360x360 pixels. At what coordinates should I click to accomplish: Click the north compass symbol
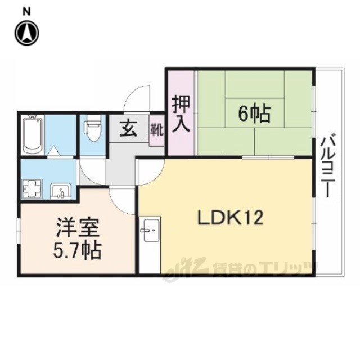coord(27,33)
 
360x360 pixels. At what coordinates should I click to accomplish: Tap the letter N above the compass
coord(26,11)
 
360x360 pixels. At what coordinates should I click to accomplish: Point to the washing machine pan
coord(32,188)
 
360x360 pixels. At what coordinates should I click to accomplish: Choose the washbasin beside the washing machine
coord(61,191)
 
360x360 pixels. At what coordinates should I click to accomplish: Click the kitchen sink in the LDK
coord(151,230)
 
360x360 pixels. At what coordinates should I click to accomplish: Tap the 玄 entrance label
coord(129,128)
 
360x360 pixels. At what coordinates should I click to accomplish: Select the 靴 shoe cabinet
coord(157,130)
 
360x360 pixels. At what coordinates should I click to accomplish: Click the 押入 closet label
coord(181,114)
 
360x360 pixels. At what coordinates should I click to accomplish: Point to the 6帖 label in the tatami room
coord(254,114)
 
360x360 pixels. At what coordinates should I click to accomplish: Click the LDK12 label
coord(230,218)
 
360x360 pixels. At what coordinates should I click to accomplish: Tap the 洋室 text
coord(78,227)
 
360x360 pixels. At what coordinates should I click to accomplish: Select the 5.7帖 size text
coord(78,251)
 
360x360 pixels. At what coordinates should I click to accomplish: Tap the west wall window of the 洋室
coord(19,230)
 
